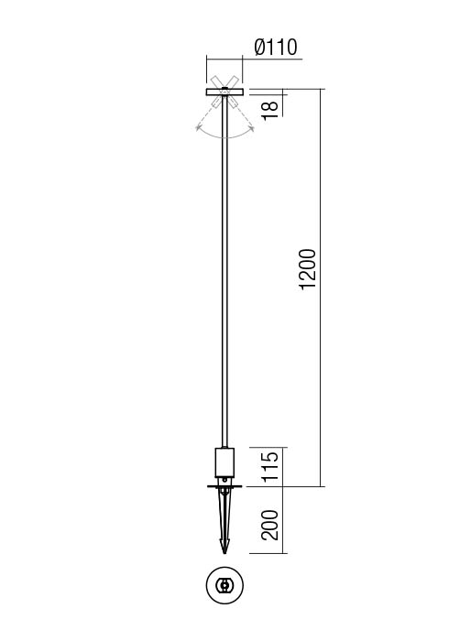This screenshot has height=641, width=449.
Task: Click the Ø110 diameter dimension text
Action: tap(275, 48)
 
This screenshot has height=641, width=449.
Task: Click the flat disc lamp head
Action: tap(224, 92)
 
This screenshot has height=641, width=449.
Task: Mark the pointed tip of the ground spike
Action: tap(224, 552)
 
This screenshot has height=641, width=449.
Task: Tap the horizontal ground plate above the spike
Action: tap(224, 486)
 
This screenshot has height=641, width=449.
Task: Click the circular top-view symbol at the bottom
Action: tap(224, 585)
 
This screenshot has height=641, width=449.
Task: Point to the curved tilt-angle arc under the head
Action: tap(224, 136)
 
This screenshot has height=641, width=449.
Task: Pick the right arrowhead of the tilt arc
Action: tap(250, 127)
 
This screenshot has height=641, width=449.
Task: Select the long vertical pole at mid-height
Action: tap(224, 275)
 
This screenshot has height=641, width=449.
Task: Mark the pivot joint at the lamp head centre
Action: tap(224, 92)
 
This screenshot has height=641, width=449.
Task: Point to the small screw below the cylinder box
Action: tap(224, 477)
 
